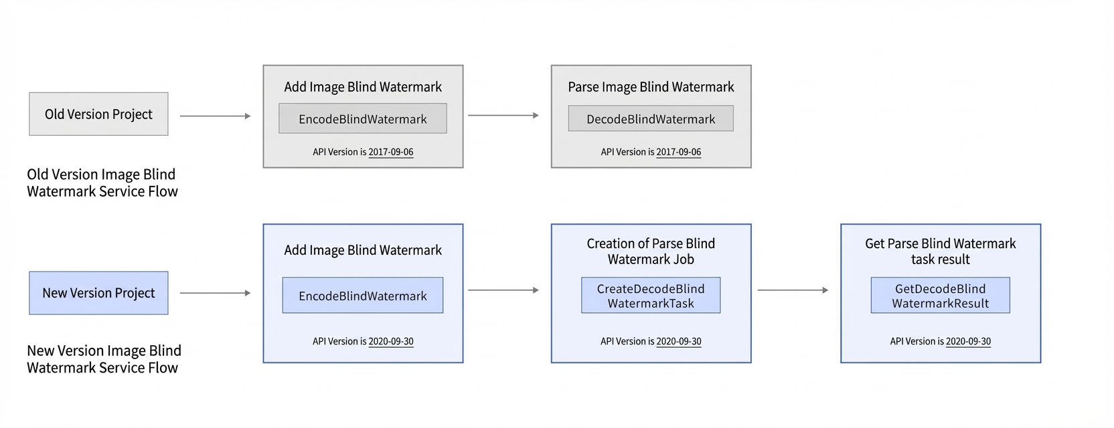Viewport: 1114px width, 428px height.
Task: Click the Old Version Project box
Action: (98, 114)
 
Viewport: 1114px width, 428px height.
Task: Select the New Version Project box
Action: (98, 293)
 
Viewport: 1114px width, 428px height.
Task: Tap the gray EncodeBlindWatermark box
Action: (363, 118)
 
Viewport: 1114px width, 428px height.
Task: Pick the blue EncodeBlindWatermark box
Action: (363, 296)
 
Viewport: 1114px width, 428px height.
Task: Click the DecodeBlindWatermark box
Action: (651, 118)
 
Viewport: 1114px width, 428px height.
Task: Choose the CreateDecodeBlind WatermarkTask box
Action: (651, 296)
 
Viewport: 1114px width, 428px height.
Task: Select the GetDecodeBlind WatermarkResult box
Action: (940, 296)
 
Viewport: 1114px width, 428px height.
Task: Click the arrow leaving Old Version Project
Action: (216, 116)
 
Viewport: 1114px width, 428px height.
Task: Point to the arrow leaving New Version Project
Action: (216, 293)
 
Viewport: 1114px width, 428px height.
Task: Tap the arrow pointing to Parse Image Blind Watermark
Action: (503, 115)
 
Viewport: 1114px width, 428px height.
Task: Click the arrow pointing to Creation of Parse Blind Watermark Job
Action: (503, 290)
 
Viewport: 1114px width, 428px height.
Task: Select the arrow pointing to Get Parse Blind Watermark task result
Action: (793, 290)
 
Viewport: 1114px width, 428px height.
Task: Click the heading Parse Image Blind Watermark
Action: (651, 87)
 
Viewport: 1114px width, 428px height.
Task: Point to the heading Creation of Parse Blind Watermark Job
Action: (651, 251)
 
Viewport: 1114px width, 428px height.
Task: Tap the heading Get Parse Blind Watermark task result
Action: (940, 251)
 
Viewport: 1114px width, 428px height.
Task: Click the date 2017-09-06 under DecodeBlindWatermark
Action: (678, 152)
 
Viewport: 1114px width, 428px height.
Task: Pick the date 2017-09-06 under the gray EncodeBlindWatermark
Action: (390, 152)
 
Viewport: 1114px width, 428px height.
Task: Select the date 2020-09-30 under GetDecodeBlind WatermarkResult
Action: (968, 342)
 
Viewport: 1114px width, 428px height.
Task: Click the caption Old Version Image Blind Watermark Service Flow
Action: (102, 183)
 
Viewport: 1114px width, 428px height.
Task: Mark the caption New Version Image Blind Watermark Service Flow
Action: (104, 359)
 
